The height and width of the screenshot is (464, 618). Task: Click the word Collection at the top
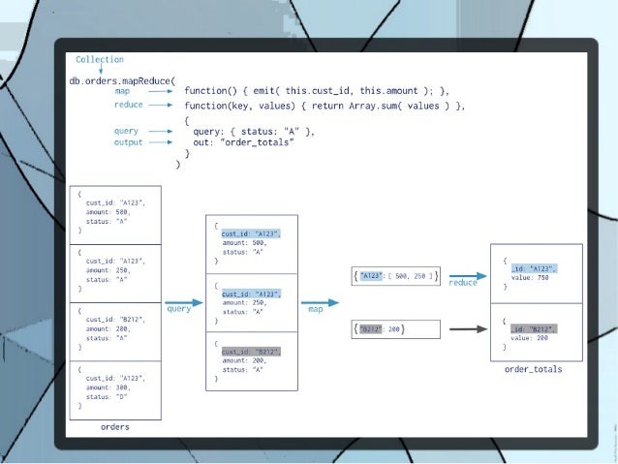[100, 60]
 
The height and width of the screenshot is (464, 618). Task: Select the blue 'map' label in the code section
[123, 91]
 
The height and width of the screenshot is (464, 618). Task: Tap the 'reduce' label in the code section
[129, 105]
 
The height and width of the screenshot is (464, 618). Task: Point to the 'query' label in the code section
[126, 130]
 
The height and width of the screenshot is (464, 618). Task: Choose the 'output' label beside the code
[128, 142]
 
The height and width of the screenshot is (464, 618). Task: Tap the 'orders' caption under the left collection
[115, 426]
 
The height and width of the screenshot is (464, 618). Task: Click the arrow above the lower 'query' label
[183, 302]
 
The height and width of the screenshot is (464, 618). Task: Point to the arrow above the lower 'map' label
[317, 302]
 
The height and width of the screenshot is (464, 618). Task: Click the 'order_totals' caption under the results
[533, 369]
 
